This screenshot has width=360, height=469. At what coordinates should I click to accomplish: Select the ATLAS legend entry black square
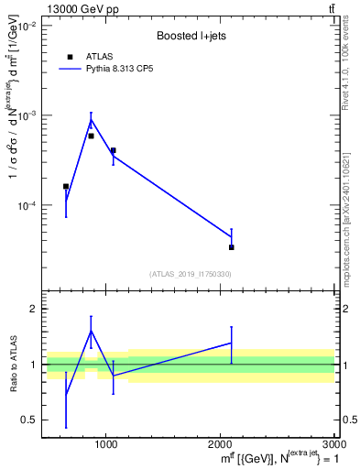click(70, 57)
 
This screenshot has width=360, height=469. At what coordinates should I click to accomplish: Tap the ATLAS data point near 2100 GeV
click(232, 247)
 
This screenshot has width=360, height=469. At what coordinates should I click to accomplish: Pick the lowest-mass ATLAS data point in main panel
click(66, 186)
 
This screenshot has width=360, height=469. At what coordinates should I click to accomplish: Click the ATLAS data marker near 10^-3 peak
click(91, 136)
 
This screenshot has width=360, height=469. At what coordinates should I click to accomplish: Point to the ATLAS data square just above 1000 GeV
click(113, 150)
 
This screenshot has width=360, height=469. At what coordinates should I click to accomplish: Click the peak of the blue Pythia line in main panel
click(91, 119)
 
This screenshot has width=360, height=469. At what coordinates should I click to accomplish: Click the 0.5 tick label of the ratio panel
click(29, 420)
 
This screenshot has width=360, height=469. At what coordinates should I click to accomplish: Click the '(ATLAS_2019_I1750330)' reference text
click(190, 274)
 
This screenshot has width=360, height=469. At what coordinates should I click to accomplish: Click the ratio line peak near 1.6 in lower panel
click(91, 330)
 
